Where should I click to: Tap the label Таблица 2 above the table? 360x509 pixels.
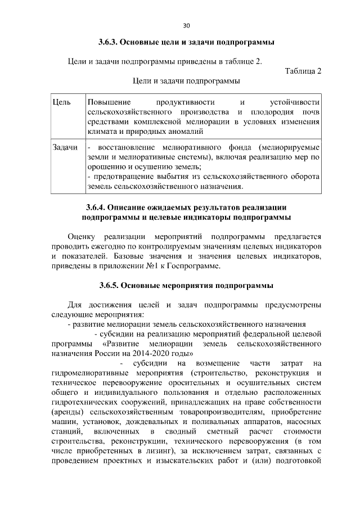click(303, 71)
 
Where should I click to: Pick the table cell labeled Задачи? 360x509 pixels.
click(64, 147)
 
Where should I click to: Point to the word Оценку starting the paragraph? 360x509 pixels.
click(82, 237)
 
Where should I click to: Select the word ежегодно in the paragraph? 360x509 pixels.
click(110, 247)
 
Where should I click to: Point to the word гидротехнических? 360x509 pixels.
click(85, 404)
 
